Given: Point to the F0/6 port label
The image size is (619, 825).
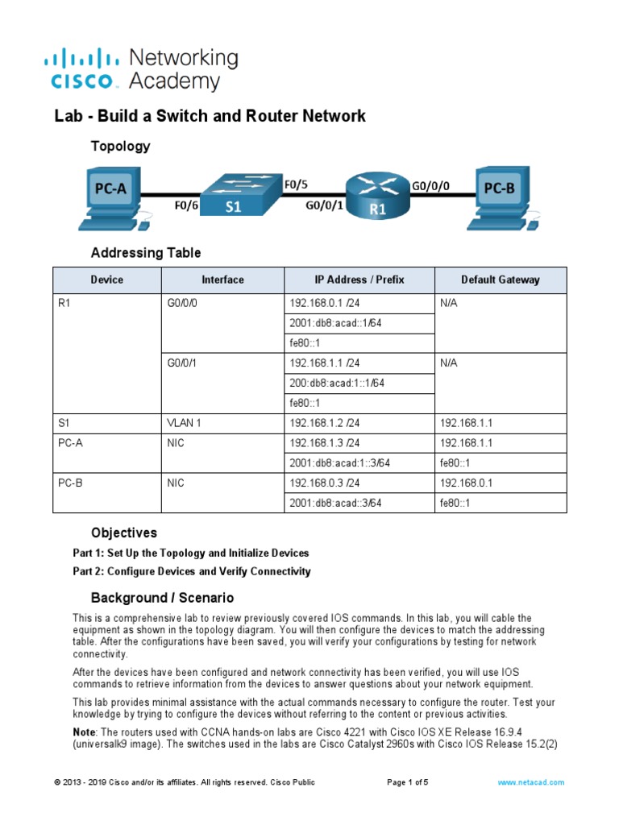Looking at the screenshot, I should pyautogui.click(x=186, y=205).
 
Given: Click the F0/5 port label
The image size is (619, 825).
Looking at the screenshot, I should pyautogui.click(x=296, y=184).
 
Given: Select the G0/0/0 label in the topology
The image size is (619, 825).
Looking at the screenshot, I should pyautogui.click(x=431, y=185).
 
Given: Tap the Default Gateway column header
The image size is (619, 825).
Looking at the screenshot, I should pyautogui.click(x=500, y=280).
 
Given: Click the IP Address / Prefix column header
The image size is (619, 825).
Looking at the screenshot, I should pyautogui.click(x=359, y=280).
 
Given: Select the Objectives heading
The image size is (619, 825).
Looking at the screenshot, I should pyautogui.click(x=124, y=533).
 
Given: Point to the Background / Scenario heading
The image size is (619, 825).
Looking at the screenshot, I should pyautogui.click(x=162, y=598).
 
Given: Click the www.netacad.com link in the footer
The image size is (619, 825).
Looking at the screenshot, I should pyautogui.click(x=530, y=782).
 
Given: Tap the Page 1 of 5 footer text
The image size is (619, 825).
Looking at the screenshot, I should pyautogui.click(x=408, y=782).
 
